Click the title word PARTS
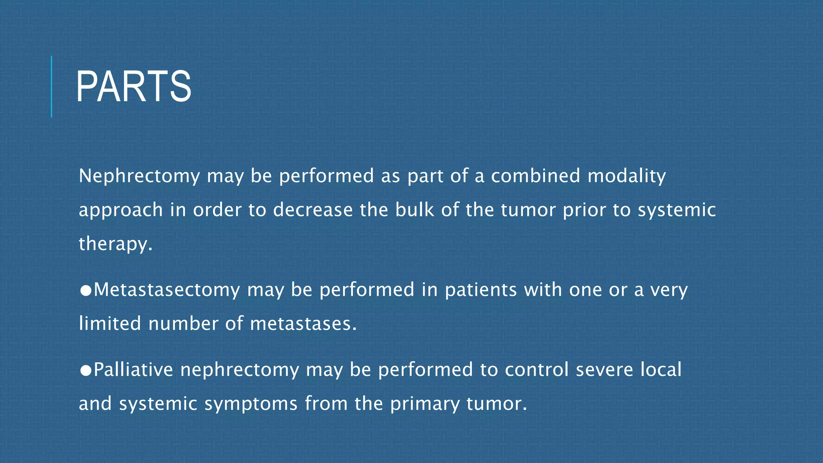[x=133, y=87]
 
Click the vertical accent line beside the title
[x=51, y=86]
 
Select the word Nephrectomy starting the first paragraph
[x=139, y=176]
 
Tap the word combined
[x=536, y=176]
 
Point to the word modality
[x=626, y=176]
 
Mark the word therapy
[x=115, y=244]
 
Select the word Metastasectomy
[x=167, y=290]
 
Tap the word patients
[x=481, y=290]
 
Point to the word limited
[x=110, y=324]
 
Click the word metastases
[x=303, y=324]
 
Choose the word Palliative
[x=133, y=370]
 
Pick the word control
[x=536, y=370]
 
